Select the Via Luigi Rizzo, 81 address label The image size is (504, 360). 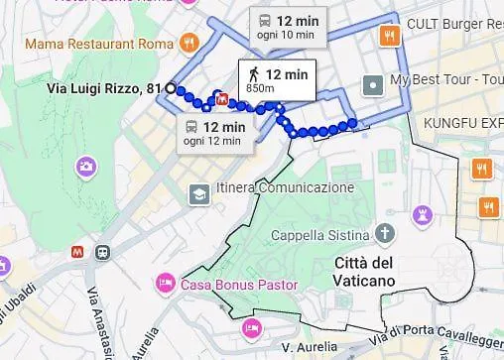pos(104,89)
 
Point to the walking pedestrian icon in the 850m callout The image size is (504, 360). pos(254,73)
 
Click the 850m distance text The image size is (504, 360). pos(260,89)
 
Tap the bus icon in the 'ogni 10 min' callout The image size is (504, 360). pos(264,20)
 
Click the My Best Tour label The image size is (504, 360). pos(445,80)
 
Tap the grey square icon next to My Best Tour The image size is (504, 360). pos(373,83)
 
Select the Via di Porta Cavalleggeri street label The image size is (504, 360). pos(444,337)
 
